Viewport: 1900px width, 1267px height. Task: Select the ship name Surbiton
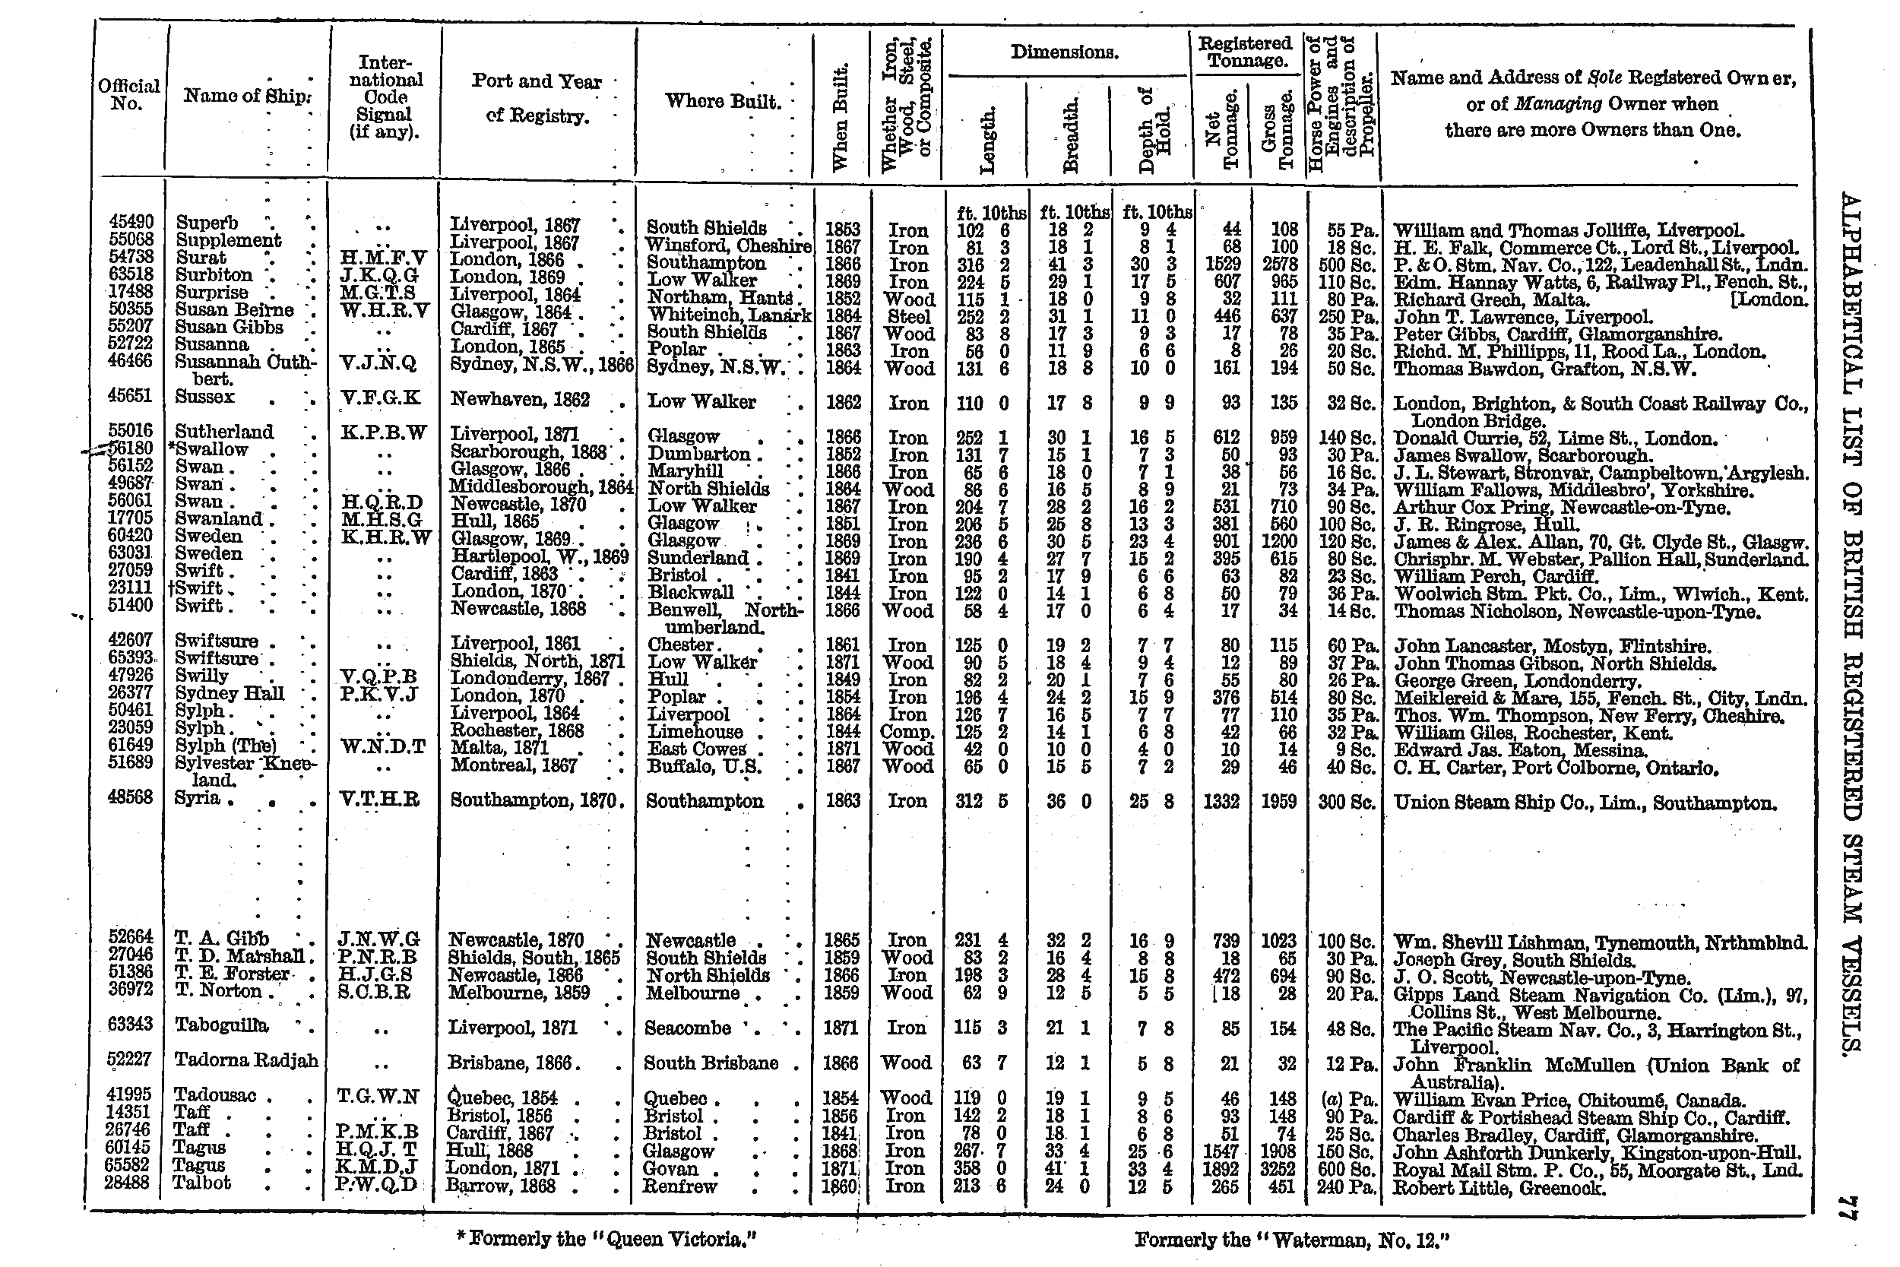point(214,276)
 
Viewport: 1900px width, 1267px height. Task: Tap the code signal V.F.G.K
point(380,398)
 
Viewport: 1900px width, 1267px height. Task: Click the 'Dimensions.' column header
point(1064,53)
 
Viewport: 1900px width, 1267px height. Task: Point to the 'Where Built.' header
point(722,102)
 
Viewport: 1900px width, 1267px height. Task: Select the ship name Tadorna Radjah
point(245,1061)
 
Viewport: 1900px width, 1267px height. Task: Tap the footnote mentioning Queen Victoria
point(606,1239)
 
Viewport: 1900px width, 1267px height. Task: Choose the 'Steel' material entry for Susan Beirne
point(908,317)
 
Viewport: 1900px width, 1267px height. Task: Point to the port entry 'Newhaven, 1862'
point(521,400)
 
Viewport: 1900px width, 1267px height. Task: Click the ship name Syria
point(197,798)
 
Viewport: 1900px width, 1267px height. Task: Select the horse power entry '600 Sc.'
point(1346,1170)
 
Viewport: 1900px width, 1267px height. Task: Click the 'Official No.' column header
point(128,94)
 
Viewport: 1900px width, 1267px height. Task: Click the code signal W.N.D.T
point(382,747)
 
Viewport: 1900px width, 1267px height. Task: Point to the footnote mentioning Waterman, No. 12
point(1292,1239)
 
